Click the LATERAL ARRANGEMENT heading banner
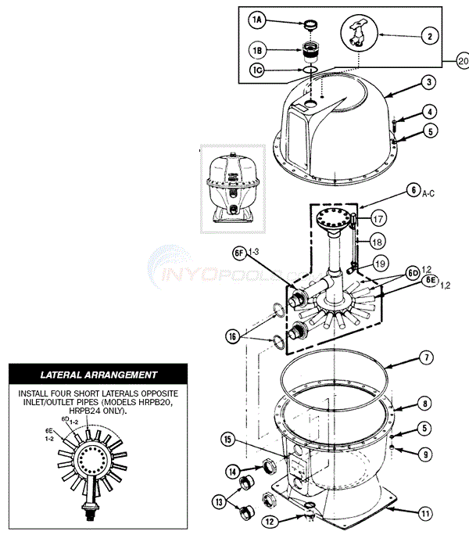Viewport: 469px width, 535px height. point(98,375)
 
